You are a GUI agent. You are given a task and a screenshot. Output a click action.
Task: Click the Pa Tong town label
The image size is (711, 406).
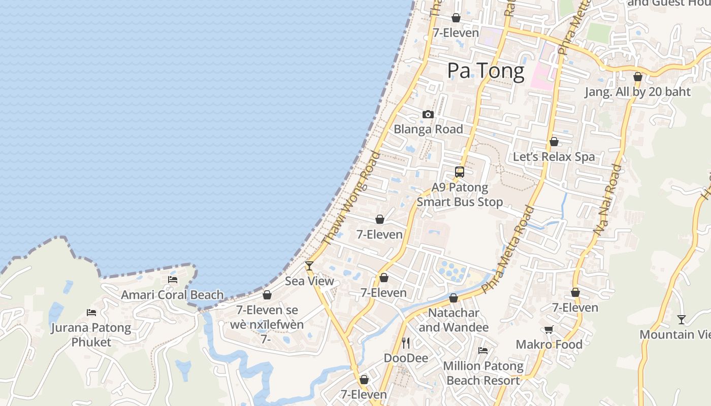486,71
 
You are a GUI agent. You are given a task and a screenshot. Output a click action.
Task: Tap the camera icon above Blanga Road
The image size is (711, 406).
428,115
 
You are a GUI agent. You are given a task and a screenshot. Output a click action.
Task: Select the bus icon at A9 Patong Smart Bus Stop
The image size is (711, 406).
460,172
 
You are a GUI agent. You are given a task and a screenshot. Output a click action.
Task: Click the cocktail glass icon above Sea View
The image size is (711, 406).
309,266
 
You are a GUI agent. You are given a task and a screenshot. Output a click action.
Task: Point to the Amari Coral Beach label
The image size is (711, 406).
172,295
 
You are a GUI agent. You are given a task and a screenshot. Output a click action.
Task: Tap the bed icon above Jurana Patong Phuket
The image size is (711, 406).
91,313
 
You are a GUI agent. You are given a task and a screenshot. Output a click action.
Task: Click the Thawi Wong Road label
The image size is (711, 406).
351,198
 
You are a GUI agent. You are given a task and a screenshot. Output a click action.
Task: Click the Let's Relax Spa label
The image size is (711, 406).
554,157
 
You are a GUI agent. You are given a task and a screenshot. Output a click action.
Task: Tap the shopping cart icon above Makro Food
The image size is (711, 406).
548,330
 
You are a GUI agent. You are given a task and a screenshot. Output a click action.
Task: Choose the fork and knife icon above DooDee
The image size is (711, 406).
405,343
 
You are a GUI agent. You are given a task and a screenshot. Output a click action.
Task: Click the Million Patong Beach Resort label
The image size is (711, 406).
483,373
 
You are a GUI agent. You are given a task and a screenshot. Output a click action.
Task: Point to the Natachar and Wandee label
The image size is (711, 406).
454,320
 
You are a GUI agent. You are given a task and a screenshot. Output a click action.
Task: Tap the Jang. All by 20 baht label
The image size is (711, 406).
637,92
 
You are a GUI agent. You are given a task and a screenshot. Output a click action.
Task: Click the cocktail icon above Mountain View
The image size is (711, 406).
682,320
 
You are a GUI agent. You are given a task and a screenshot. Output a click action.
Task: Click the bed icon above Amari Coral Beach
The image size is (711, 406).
173,280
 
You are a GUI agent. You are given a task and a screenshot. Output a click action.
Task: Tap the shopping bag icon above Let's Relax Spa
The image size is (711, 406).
554,142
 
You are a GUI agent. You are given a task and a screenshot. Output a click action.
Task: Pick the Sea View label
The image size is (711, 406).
309,281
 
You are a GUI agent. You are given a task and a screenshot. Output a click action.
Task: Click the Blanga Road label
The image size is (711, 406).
428,129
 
